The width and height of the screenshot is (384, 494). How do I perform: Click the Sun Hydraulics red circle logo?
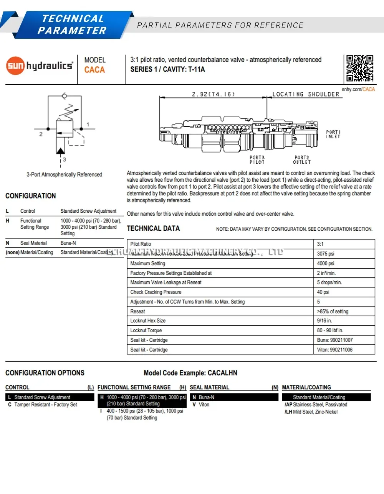[15, 66]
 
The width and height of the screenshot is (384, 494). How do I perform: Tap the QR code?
[359, 68]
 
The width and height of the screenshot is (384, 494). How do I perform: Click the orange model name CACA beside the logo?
[94, 70]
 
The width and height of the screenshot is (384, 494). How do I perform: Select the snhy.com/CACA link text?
[358, 89]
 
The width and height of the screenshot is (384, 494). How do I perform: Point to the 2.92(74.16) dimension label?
[213, 94]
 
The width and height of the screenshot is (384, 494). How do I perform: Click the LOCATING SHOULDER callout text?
[306, 94]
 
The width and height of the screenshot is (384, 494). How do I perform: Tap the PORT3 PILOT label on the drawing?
[257, 160]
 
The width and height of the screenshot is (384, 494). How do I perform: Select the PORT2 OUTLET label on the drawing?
[302, 160]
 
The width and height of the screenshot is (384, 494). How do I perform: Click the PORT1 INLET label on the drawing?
[333, 134]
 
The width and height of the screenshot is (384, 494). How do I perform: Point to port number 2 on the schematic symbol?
[41, 134]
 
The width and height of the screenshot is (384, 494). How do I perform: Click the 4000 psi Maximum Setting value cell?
[325, 263]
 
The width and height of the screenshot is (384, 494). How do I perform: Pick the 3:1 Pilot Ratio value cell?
[320, 244]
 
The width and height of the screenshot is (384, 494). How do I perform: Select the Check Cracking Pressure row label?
[156, 292]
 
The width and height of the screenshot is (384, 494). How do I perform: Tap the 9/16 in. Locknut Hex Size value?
[324, 321]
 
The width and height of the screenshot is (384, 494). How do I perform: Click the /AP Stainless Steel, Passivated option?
[316, 405]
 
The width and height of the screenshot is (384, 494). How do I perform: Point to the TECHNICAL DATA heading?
[153, 228]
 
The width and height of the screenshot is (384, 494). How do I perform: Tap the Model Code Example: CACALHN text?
[190, 373]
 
